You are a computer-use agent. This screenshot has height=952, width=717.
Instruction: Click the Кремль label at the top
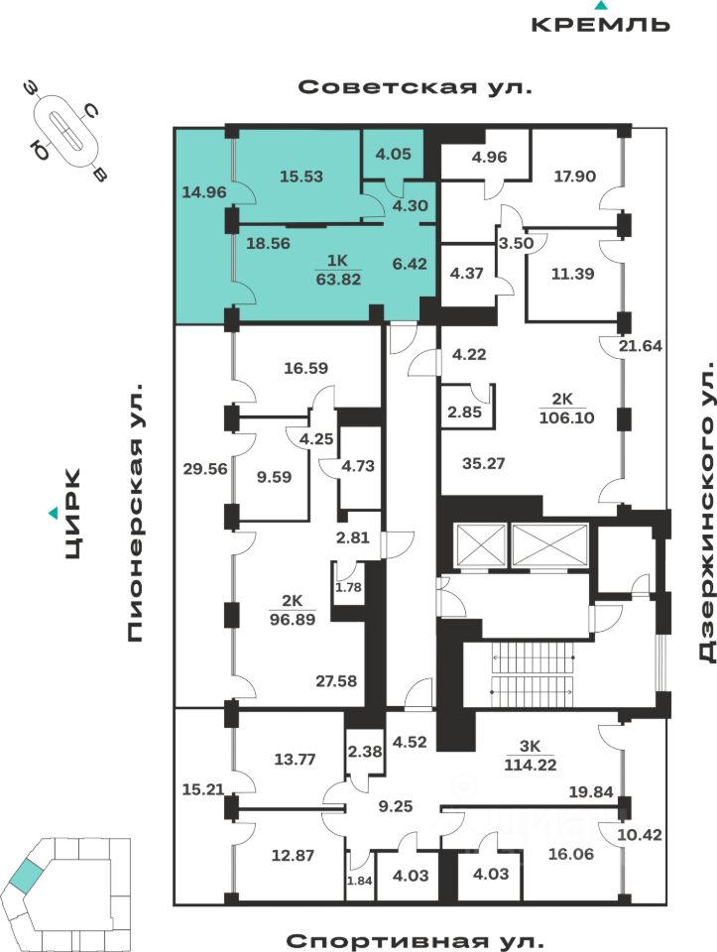pos(600,24)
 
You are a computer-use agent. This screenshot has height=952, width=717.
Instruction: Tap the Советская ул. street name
pos(416,87)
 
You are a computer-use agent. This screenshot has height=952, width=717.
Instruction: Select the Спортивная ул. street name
pos(416,938)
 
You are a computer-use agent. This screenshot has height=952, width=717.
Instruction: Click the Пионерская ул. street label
pos(136,516)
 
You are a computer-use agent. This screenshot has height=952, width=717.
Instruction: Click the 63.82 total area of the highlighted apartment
pos(337,280)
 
